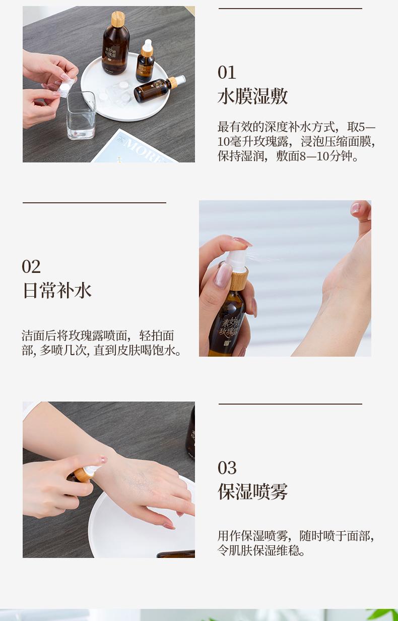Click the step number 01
coord(227,73)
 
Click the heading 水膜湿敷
coord(253,96)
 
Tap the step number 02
coord(31,267)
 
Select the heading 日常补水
coord(57,291)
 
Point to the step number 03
coord(227,468)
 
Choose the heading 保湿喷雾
coord(253,491)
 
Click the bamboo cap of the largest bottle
coord(118,19)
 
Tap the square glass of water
coord(81,116)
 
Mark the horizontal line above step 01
coord(290,9)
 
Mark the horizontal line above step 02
coord(94,203)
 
